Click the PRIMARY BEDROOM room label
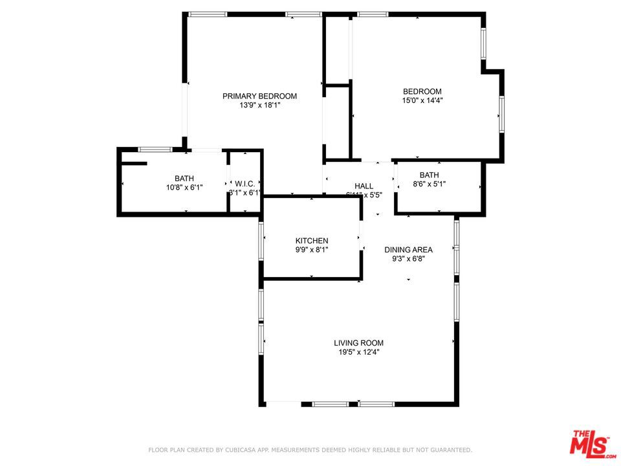(259, 96)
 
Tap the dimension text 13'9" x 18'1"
(259, 105)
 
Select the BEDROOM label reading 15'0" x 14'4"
(422, 92)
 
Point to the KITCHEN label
(312, 241)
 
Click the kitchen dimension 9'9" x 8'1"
(312, 250)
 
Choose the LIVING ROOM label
(358, 343)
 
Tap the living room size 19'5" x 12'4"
(358, 352)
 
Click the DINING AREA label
(408, 250)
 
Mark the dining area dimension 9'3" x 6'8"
(408, 258)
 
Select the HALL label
(364, 186)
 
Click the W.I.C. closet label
(245, 184)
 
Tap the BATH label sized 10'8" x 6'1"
(184, 179)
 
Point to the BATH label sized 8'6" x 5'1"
(429, 175)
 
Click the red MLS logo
(590, 444)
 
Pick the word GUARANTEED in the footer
(449, 450)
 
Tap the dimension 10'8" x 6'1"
(184, 188)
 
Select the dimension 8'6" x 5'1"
(429, 184)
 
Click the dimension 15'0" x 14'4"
(422, 100)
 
